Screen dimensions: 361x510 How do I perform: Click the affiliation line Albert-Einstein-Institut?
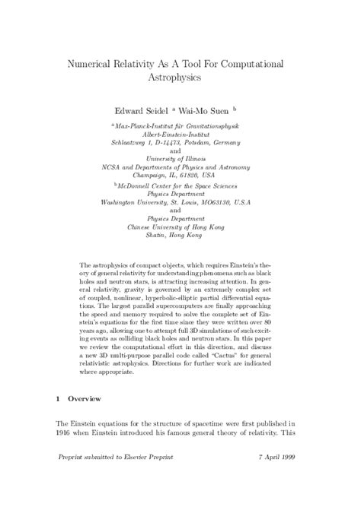180,132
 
